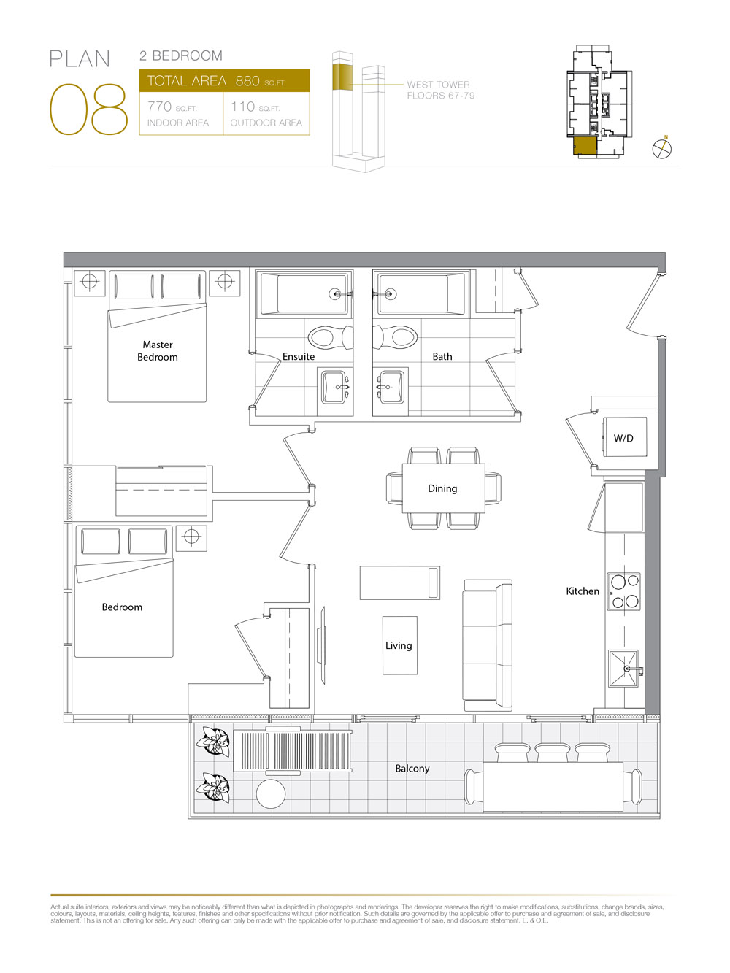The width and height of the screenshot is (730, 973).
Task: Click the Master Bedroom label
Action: tap(158, 350)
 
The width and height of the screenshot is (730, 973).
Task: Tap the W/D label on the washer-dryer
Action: tap(623, 439)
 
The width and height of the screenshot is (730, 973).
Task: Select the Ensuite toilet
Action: tap(330, 337)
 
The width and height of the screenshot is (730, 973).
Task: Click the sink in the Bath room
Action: tap(391, 388)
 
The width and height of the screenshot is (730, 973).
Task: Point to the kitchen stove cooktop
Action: tap(624, 591)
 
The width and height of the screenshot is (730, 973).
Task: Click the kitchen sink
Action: tap(623, 669)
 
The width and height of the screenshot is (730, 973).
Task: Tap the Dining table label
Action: tap(442, 488)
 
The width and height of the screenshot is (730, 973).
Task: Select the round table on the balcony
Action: tap(271, 793)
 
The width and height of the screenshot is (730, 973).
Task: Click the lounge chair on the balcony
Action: tap(293, 751)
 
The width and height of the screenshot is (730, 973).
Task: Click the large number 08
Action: tap(88, 109)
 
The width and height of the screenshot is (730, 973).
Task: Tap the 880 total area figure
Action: tap(247, 81)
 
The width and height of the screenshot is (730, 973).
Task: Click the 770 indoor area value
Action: tap(159, 107)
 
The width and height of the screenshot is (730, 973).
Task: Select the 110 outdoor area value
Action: tap(242, 107)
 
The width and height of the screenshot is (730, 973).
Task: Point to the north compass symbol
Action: tap(661, 148)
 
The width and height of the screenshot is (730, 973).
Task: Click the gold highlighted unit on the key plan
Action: tap(585, 146)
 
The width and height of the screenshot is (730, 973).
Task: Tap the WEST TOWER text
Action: tap(438, 85)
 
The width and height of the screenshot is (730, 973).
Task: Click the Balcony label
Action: tap(412, 768)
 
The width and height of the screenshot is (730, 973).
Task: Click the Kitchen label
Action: tap(583, 591)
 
